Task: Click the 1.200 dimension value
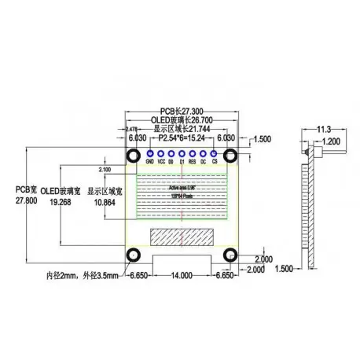coord(331,141)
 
